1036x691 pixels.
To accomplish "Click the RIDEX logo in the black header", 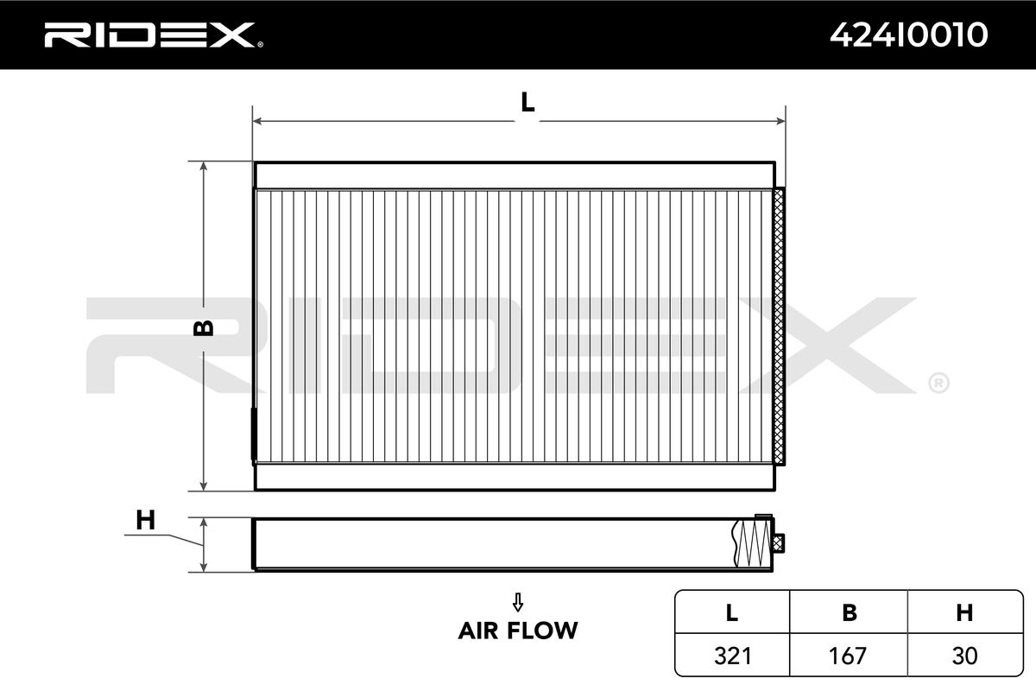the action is click(154, 35).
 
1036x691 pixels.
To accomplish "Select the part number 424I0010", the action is click(909, 35).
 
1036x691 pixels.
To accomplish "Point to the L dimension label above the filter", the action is click(527, 102).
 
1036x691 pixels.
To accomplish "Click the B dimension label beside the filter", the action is click(203, 327).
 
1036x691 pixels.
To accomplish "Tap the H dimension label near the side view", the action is click(145, 520).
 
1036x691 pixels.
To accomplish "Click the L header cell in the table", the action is click(732, 612).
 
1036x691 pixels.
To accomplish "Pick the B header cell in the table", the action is click(849, 612).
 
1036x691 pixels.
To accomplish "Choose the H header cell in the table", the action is click(965, 612).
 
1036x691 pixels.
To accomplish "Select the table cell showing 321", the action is click(732, 656).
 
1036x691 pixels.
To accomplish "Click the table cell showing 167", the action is click(849, 656).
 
